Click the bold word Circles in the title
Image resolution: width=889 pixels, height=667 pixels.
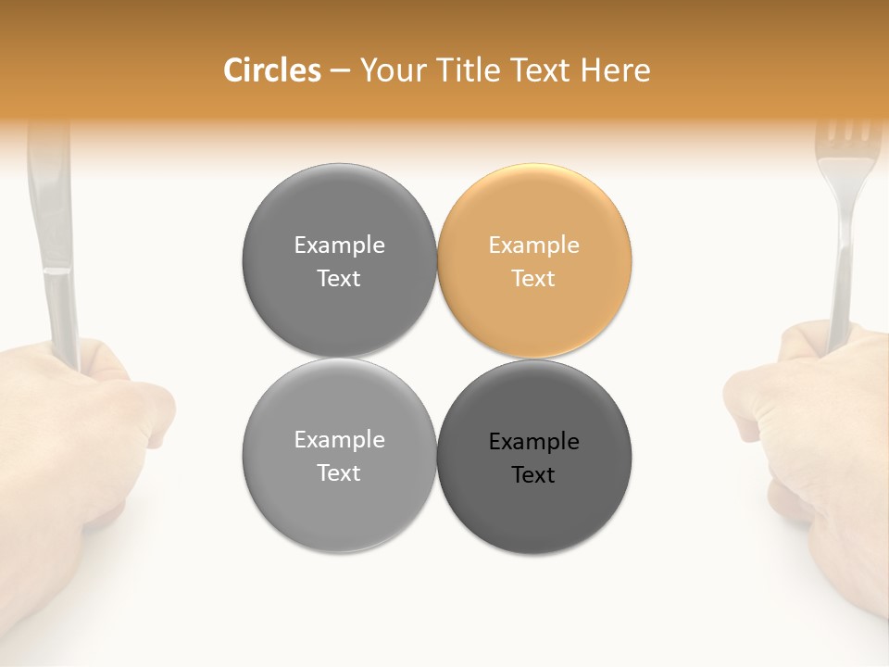(x=271, y=70)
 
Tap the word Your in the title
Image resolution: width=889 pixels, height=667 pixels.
(x=390, y=70)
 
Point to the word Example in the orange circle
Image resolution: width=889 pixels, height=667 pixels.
(x=533, y=245)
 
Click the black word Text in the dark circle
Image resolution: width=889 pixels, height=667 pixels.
(x=533, y=475)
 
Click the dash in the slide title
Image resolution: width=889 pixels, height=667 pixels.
(x=340, y=70)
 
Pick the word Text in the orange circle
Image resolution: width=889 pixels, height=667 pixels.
(x=533, y=279)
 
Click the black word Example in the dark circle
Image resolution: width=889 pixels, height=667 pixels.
(x=533, y=442)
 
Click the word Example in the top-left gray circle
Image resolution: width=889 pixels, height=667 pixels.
(x=339, y=245)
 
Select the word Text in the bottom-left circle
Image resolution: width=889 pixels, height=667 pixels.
(x=339, y=473)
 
